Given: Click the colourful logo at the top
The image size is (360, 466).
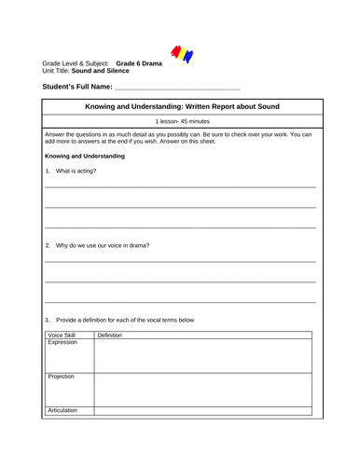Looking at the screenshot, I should pos(182,54).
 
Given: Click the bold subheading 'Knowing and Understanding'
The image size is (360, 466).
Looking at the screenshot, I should pos(84,157).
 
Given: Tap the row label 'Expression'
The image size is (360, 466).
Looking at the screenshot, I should pos(63,342).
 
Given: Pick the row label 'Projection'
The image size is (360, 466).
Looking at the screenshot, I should pos(62,377).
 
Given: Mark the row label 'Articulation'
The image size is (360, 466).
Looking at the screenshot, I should pos(63,410).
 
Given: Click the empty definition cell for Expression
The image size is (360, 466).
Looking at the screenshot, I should pos(204,355).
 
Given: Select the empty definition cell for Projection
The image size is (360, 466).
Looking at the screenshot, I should pos(204,389).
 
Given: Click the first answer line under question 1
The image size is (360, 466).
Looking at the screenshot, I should pos(180,185).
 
